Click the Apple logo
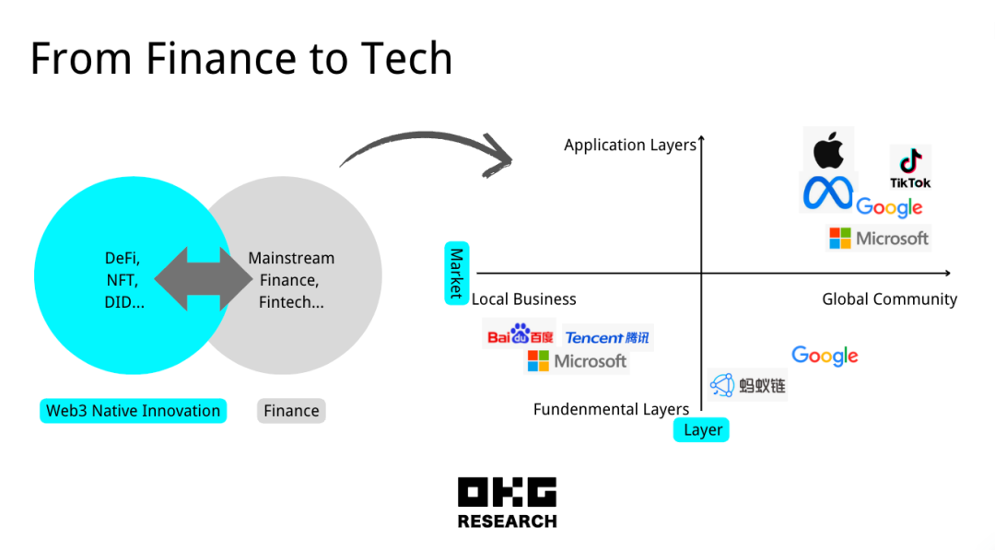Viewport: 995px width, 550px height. (828, 149)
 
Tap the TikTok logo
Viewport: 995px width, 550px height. (910, 167)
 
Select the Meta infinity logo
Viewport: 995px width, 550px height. (827, 193)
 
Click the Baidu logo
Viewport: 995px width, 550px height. (520, 335)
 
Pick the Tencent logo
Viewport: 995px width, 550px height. (607, 338)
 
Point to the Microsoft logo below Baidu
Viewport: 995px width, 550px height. (577, 361)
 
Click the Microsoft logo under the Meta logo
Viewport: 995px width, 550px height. (879, 239)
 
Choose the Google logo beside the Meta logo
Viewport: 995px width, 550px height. (889, 207)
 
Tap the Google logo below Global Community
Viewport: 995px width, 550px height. (825, 356)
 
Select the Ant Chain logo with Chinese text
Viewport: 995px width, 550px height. (747, 385)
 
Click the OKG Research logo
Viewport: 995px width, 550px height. (507, 503)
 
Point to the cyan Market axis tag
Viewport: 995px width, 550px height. (456, 273)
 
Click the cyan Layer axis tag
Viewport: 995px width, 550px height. (702, 430)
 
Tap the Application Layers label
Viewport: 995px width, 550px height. (630, 146)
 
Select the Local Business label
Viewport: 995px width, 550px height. (524, 299)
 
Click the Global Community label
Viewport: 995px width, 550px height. (889, 299)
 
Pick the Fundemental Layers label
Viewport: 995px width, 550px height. (611, 409)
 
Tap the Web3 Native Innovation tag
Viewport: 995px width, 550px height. (133, 411)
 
